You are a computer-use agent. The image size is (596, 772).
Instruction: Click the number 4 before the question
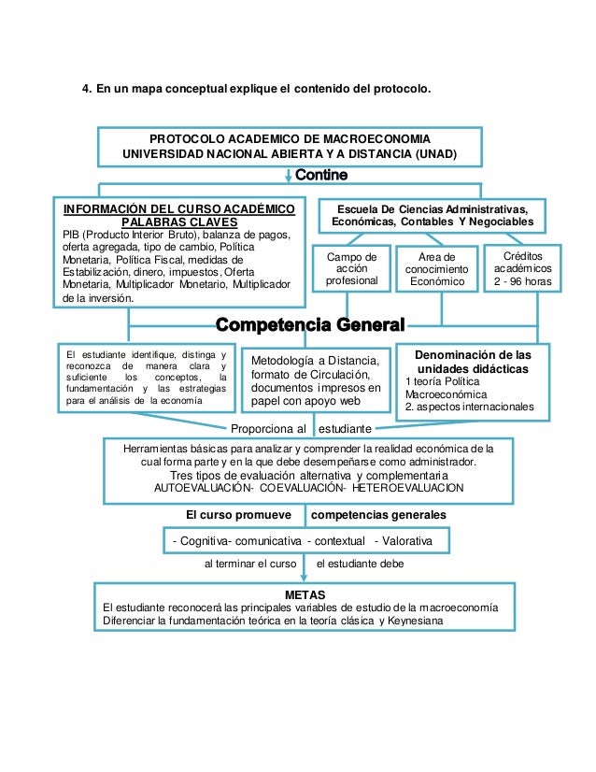(x=86, y=90)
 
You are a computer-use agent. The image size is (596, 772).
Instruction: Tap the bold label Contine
(x=321, y=176)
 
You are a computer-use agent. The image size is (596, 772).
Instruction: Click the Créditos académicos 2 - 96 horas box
(x=521, y=268)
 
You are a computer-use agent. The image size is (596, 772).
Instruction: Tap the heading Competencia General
(x=310, y=325)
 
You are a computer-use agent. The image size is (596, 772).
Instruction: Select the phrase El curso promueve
(x=238, y=515)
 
